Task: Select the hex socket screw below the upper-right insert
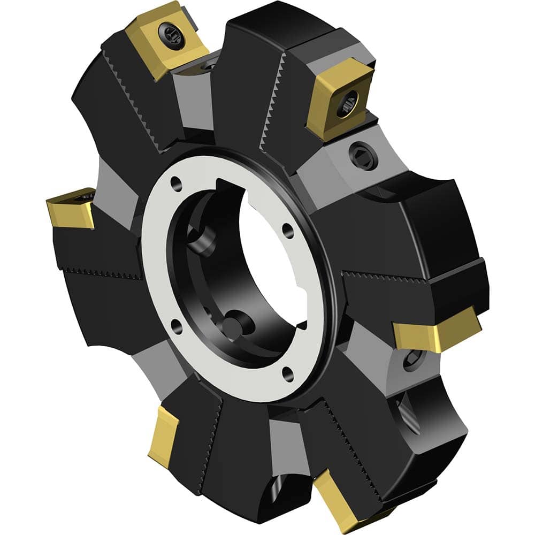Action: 358,155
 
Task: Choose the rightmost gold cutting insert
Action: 436,329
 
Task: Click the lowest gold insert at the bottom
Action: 350,506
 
